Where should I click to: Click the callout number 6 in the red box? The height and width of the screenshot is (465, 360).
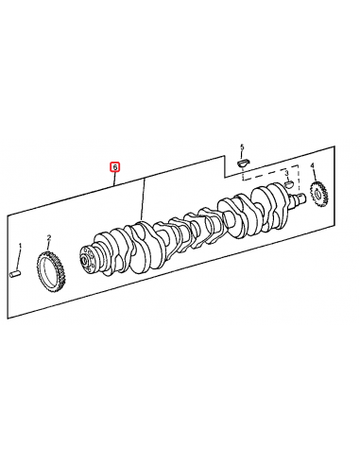(115, 167)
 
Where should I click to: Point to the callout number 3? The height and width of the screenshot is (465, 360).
(286, 175)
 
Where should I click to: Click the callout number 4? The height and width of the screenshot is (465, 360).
(313, 166)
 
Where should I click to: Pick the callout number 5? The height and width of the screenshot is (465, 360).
(241, 147)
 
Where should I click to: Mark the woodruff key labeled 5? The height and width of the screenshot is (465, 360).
(241, 163)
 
